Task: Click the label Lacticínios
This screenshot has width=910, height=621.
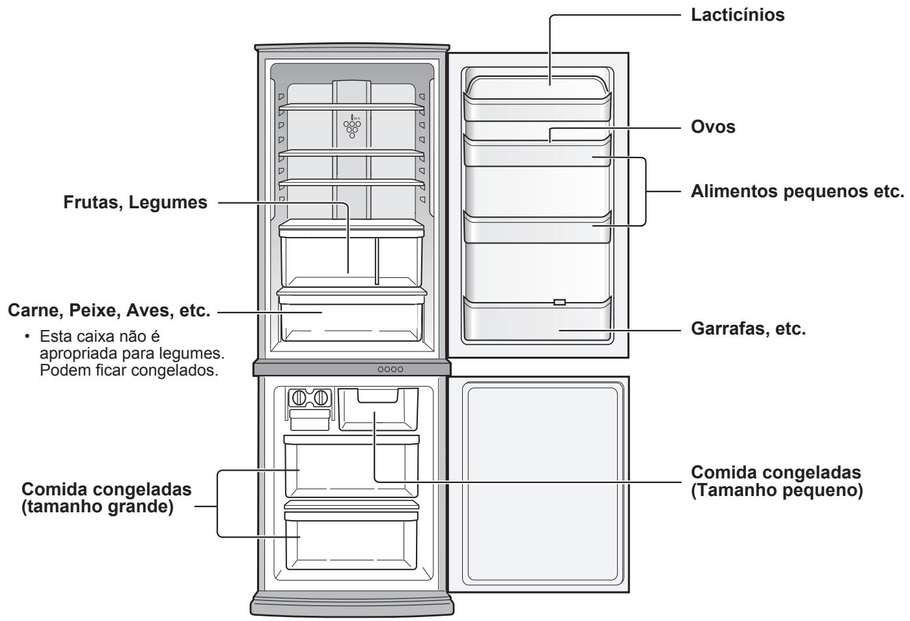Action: click(x=737, y=16)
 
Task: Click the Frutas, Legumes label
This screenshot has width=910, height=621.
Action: click(x=135, y=203)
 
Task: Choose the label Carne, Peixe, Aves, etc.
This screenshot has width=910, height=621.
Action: click(x=108, y=312)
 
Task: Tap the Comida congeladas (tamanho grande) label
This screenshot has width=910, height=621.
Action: click(x=107, y=498)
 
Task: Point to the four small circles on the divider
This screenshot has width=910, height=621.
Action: click(x=391, y=369)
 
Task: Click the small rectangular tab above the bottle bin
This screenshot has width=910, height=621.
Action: click(x=559, y=302)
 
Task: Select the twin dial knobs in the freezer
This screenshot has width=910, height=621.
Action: click(x=310, y=398)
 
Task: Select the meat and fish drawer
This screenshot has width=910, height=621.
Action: click(x=352, y=316)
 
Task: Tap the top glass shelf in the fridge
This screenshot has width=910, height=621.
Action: click(x=352, y=106)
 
